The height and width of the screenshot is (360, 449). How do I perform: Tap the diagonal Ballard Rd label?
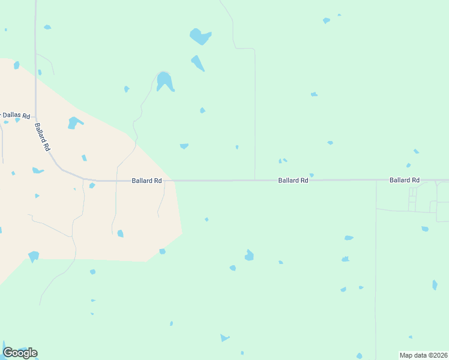[42, 137]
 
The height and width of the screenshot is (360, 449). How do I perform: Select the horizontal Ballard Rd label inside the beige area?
[147, 180]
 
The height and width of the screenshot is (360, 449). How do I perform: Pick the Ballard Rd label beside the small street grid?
[404, 180]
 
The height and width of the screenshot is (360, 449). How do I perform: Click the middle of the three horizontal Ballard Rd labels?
[293, 180]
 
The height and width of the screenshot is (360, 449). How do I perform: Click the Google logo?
[20, 353]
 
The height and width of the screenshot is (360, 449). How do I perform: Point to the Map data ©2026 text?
[423, 355]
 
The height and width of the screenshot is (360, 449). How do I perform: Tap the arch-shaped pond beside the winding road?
[164, 81]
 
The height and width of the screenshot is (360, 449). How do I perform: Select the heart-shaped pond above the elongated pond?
[200, 37]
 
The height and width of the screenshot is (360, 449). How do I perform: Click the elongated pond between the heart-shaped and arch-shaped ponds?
[197, 62]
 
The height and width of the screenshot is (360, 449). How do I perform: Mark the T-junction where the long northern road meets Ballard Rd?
[255, 179]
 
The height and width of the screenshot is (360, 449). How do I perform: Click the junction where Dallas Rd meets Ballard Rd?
[35, 115]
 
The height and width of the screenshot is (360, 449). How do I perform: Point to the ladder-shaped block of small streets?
[412, 199]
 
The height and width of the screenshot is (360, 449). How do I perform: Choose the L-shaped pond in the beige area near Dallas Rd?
[74, 123]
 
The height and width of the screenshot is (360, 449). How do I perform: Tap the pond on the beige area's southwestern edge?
[34, 256]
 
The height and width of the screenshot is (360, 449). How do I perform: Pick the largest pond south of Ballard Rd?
[249, 256]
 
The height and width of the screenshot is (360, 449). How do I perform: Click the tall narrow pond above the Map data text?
[435, 285]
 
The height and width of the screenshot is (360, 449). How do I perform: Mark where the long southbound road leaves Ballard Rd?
[376, 180]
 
